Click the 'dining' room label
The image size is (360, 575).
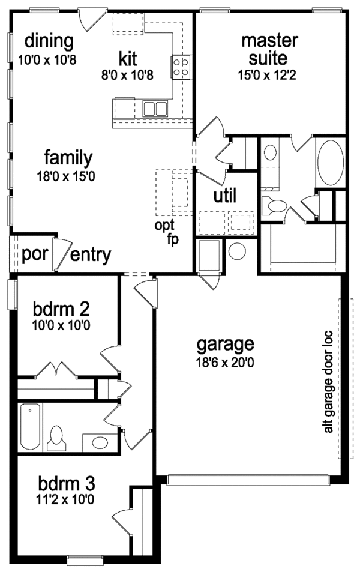coord(49,41)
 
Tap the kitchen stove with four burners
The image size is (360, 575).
coord(182,67)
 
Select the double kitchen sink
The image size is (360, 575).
coord(155,109)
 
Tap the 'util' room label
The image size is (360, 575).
coord(225,196)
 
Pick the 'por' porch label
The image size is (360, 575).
coord(31,254)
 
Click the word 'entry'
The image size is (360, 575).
coord(91,256)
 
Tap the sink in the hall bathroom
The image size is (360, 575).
coord(95,443)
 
